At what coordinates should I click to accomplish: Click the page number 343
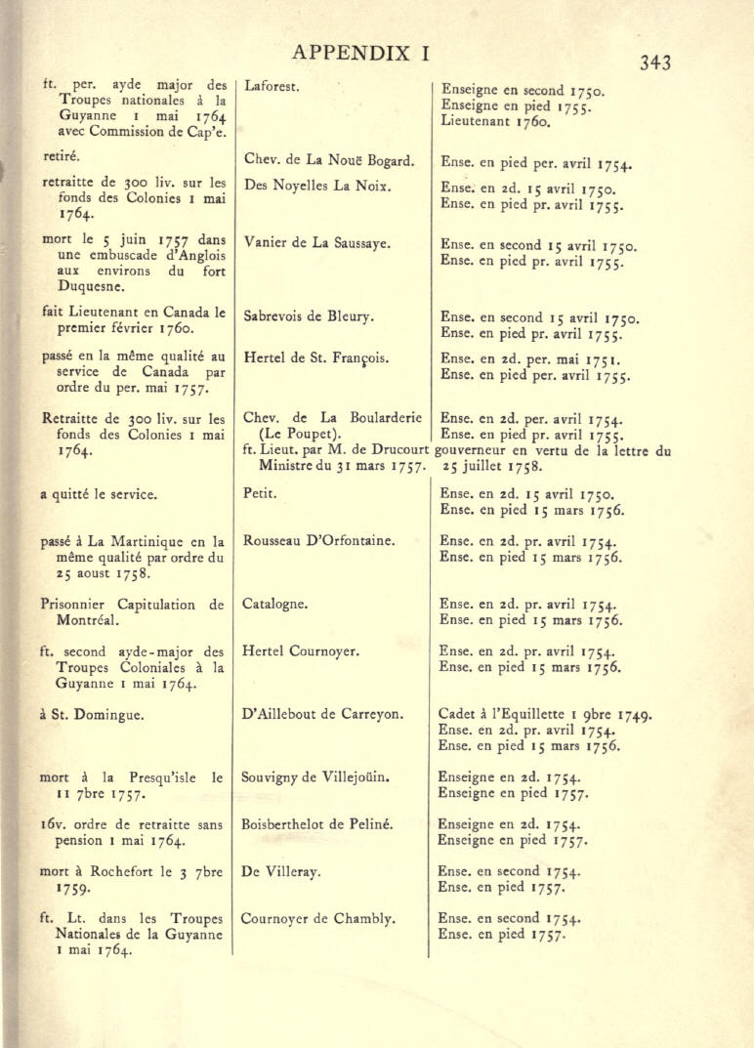tap(654, 63)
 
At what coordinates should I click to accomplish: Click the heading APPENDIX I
tap(360, 53)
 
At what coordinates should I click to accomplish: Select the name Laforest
tap(272, 87)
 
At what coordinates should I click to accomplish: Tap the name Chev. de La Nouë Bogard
tap(329, 160)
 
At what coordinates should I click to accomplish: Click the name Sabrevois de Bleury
tap(309, 316)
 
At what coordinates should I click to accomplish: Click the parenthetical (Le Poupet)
tap(291, 434)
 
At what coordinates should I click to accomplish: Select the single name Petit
tap(259, 494)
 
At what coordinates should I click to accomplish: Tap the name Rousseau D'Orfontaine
tap(317, 540)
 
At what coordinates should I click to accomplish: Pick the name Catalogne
tap(275, 604)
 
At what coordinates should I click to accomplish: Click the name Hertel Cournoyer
tap(302, 650)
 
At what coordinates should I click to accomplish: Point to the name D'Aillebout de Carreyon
tap(322, 714)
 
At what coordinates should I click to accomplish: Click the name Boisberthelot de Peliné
tap(317, 824)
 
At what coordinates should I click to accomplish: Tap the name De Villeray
tap(281, 871)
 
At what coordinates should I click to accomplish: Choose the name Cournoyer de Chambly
tap(318, 918)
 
